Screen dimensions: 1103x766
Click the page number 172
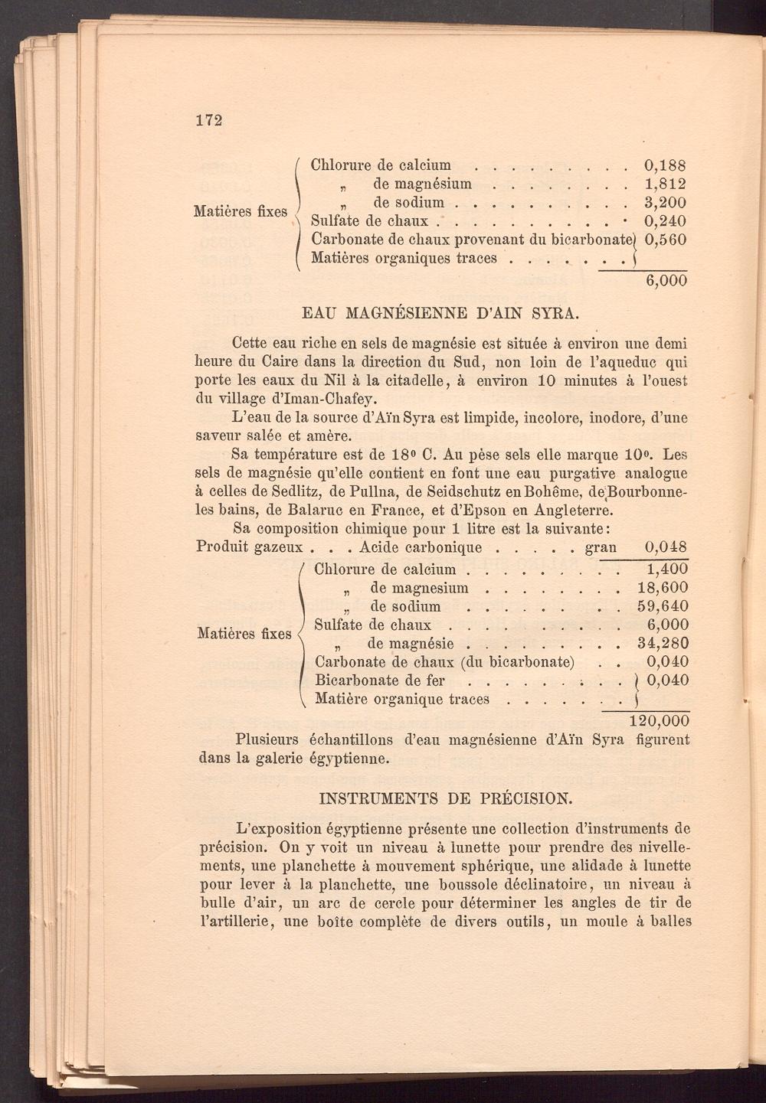coord(208,120)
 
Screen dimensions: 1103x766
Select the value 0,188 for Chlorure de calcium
coord(665,165)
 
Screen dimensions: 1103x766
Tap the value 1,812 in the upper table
coord(665,184)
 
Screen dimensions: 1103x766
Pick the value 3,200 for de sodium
coord(665,203)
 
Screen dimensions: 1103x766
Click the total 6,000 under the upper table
coord(666,280)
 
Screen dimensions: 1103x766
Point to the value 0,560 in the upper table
coord(665,240)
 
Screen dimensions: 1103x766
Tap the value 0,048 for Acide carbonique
coord(666,547)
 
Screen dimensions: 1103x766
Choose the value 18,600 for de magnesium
coord(663,588)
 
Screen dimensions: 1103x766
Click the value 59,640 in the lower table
coord(663,606)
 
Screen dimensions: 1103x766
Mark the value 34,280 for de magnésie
coord(663,644)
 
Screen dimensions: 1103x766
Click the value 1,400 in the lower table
coord(667,569)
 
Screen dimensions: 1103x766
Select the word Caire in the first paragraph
coord(281,362)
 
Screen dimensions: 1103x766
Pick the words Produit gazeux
coord(250,547)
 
